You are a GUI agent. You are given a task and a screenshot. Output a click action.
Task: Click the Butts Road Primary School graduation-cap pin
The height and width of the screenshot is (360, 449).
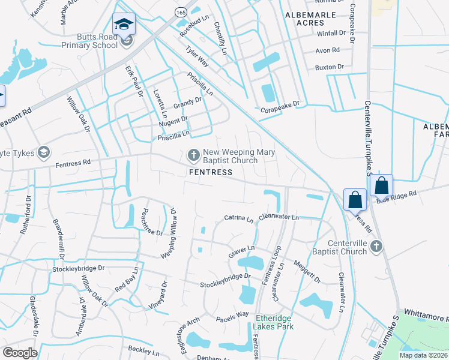(x=125, y=25)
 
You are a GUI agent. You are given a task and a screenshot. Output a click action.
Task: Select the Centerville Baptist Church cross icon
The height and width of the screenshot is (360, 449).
(x=376, y=245)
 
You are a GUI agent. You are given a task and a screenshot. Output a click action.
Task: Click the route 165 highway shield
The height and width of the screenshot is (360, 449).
(x=181, y=12)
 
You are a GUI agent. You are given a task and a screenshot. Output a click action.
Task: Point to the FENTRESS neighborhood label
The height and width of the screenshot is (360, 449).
(x=210, y=172)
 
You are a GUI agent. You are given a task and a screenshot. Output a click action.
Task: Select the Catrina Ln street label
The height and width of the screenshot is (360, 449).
(x=239, y=220)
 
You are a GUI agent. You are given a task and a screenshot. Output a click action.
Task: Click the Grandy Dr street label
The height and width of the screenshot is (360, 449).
(x=188, y=104)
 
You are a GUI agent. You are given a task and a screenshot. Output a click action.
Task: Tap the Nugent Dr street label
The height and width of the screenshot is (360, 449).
(x=173, y=121)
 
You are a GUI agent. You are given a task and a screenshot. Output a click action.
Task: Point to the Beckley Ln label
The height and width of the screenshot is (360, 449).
(x=143, y=350)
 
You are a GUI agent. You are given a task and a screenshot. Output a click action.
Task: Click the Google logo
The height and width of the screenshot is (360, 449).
(x=20, y=352)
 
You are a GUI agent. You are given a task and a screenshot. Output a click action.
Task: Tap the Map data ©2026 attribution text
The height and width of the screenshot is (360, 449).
(x=423, y=355)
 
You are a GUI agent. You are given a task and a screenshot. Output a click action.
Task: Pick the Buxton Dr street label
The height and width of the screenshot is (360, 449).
(x=329, y=67)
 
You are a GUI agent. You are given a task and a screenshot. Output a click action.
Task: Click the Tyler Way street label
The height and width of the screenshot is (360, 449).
(x=197, y=58)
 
